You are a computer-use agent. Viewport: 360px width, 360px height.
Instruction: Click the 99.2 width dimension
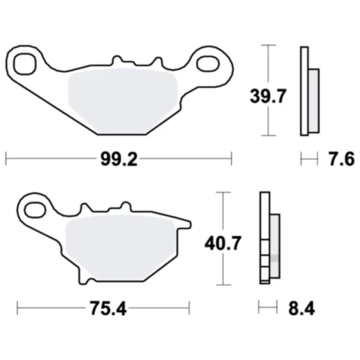[118, 160]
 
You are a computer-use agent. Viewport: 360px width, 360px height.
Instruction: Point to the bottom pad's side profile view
[269, 238]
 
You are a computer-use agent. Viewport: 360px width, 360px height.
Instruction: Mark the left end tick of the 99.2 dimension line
[6, 160]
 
